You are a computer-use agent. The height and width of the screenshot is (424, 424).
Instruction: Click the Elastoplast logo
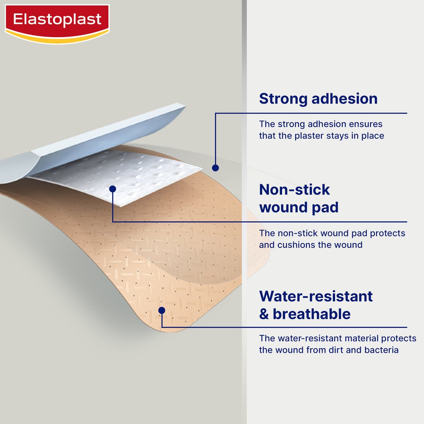[x=57, y=24]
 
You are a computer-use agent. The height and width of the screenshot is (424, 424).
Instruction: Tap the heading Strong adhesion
[x=318, y=99]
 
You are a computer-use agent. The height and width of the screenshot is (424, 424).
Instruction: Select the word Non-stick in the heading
[x=294, y=189]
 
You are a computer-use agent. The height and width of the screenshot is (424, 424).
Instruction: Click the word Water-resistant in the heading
[x=316, y=296]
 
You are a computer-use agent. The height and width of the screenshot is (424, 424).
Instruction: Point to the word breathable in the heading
[x=311, y=314]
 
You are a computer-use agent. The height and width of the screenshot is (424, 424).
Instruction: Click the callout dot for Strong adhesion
[x=215, y=168]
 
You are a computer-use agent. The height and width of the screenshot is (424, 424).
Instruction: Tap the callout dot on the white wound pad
[x=113, y=189]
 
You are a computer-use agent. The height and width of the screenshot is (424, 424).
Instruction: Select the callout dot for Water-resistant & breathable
[x=162, y=311]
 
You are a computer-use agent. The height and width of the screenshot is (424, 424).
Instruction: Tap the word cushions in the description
[x=296, y=245]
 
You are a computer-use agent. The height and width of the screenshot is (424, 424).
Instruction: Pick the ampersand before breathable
[x=264, y=314]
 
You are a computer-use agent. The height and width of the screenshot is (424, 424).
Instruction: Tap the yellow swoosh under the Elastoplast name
[x=57, y=38]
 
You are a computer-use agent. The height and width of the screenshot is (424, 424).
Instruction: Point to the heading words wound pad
[x=299, y=207]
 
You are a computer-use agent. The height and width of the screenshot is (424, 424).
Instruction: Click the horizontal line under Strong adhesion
[x=311, y=113]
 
